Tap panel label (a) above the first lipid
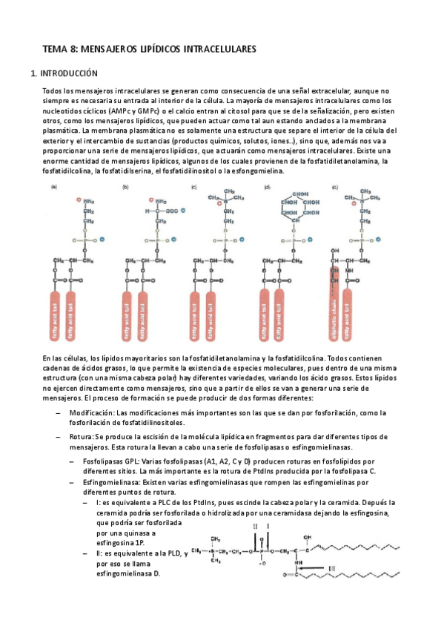pos(54,188)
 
